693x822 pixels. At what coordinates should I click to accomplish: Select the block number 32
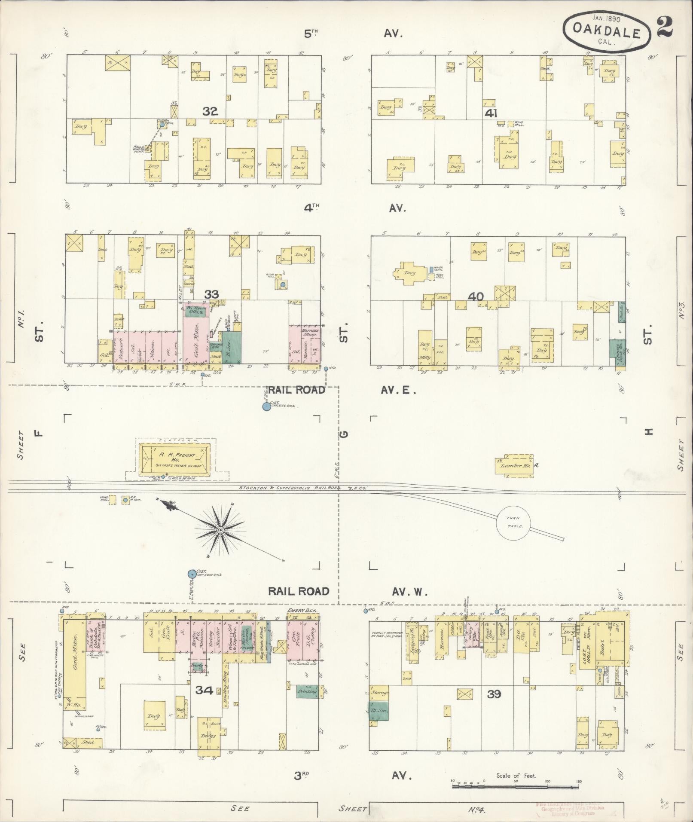(210, 112)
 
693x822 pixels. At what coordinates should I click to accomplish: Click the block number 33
(211, 294)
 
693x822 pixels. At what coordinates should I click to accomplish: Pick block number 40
(477, 296)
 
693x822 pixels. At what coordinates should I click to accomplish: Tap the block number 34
(205, 691)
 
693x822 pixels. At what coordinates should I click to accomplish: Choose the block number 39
(494, 694)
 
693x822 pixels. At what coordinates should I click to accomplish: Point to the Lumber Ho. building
(515, 464)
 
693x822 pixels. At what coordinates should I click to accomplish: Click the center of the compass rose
(220, 530)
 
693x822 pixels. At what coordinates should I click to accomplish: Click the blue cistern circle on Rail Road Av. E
(266, 406)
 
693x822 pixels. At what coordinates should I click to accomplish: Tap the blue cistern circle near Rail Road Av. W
(192, 574)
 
